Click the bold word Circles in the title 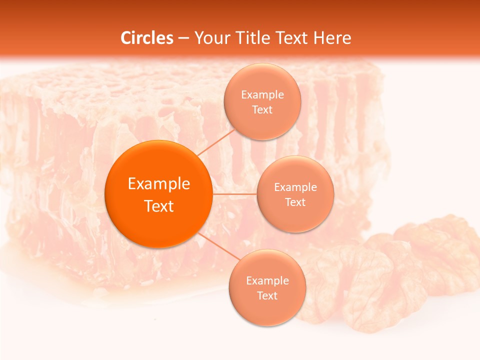point(147,38)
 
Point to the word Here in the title point(332,38)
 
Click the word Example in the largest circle point(159,184)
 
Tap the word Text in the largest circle point(159,206)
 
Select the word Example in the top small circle point(262,95)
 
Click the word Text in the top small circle point(262,110)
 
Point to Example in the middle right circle point(295,187)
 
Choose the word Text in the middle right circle point(295,202)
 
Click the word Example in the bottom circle point(267,281)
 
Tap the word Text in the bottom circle point(267,296)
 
